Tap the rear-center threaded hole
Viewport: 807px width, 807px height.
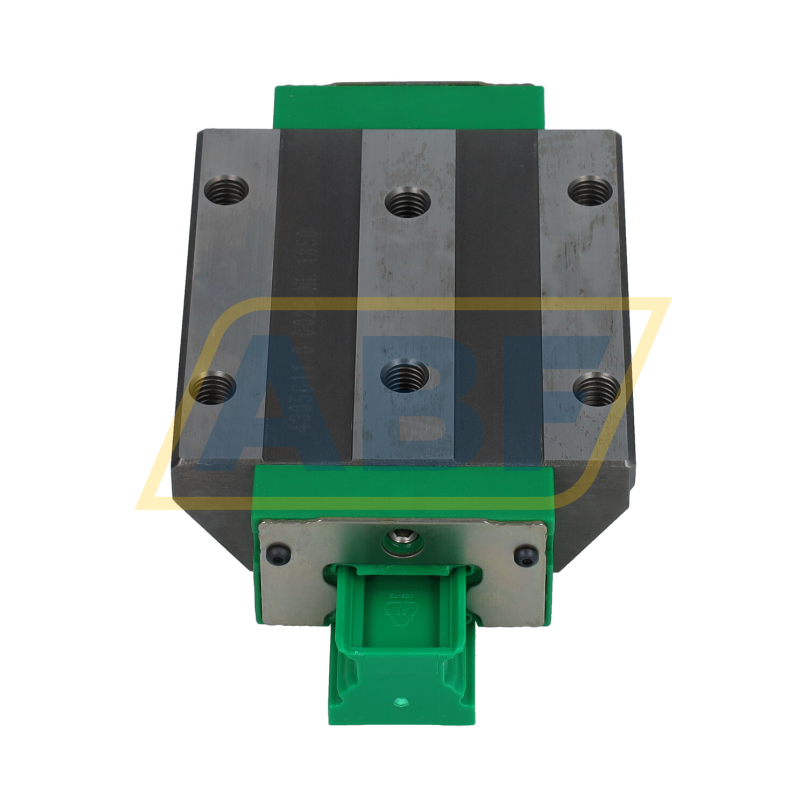tap(408, 202)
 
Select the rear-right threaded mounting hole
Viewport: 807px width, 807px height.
tap(591, 191)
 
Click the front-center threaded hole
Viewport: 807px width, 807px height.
tap(404, 375)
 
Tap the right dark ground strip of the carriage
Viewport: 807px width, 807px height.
tap(498, 296)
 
